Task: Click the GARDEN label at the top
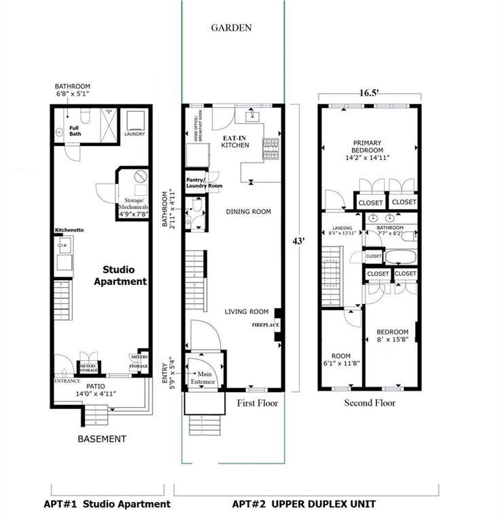click(232, 28)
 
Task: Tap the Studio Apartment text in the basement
click(124, 275)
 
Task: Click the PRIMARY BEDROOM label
click(368, 150)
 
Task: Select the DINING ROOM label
click(248, 212)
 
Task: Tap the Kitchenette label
click(69, 230)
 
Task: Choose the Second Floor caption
click(369, 403)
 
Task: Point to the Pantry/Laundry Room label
click(204, 182)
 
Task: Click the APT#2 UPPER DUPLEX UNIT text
click(304, 504)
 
